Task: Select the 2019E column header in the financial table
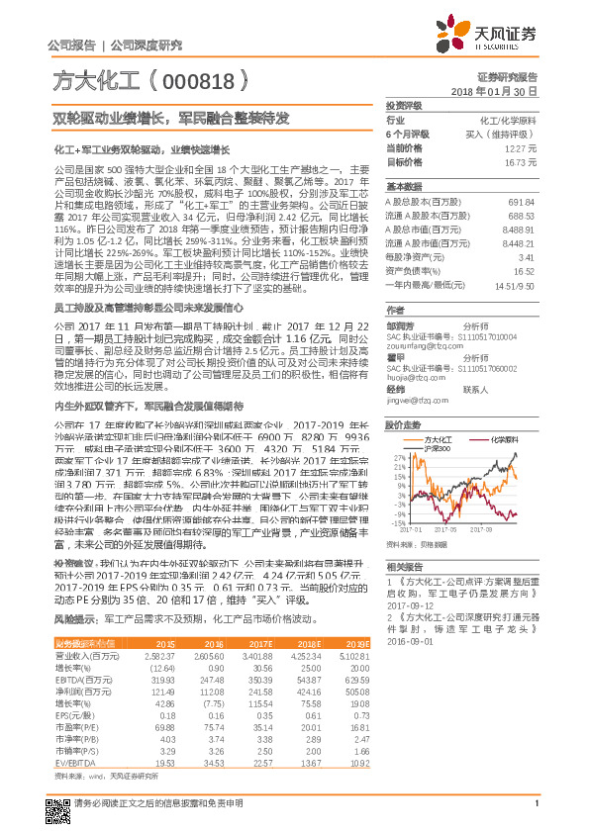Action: [356, 643]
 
